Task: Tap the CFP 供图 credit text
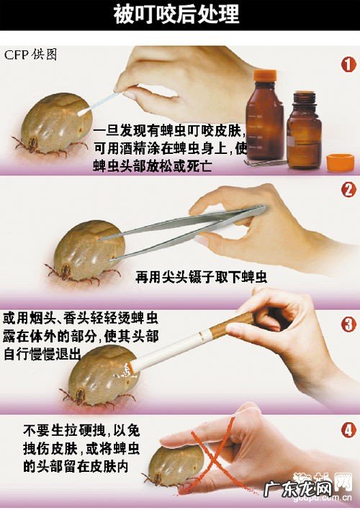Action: pyautogui.click(x=32, y=55)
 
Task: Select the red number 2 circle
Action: pyautogui.click(x=347, y=190)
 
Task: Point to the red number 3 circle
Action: pyautogui.click(x=347, y=323)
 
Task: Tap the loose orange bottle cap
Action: pyautogui.click(x=340, y=162)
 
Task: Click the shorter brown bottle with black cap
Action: pyautogui.click(x=303, y=129)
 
